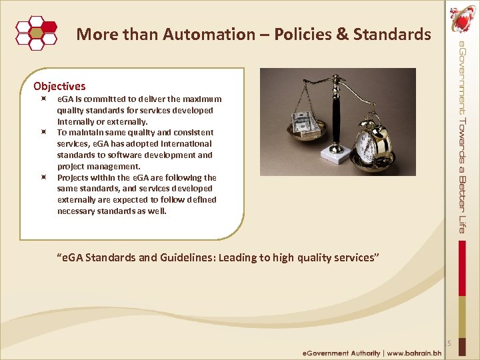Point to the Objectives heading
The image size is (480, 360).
coord(59,86)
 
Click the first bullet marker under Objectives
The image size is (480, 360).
coord(42,99)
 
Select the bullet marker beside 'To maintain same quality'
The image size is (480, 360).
coord(42,133)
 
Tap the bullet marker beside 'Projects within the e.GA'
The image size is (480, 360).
coord(42,178)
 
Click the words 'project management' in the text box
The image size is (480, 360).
coord(99,167)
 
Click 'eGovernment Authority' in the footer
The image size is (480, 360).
coord(341,353)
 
